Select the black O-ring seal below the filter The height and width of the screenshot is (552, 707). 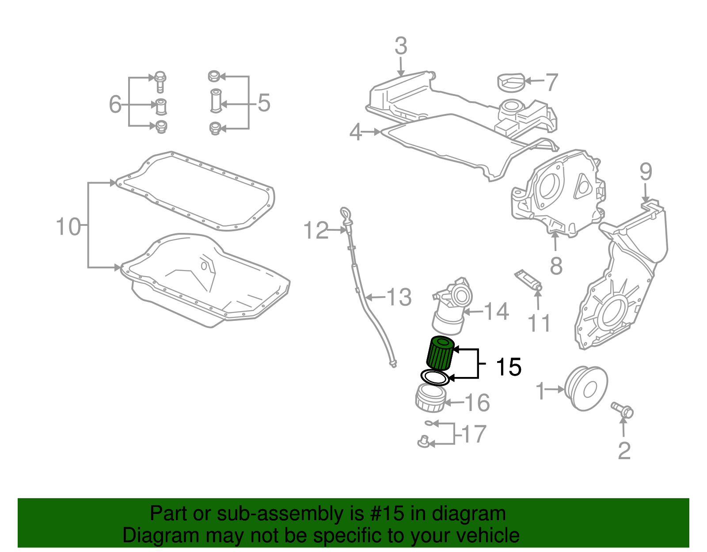tap(435, 378)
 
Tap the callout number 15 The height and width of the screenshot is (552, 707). tap(508, 367)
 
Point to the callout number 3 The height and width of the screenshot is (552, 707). tap(400, 46)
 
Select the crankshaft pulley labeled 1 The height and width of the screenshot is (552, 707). tap(586, 388)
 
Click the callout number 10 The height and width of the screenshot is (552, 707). tap(68, 227)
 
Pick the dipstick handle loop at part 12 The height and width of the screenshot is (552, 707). tap(345, 214)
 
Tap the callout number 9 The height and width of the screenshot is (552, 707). tap(645, 171)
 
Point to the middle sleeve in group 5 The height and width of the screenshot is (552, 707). tap(215, 101)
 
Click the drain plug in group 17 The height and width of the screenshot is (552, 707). tap(423, 441)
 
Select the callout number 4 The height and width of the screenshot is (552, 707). tap(356, 132)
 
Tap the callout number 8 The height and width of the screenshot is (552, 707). tap(556, 266)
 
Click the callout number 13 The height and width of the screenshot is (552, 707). tap(399, 297)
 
